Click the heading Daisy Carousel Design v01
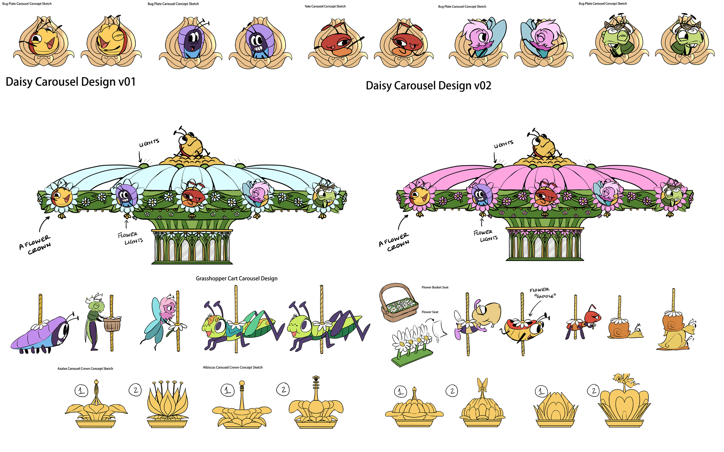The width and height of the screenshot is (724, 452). point(71,82)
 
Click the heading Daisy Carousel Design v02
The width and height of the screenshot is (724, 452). point(428,86)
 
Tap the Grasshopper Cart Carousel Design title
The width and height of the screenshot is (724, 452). point(236,278)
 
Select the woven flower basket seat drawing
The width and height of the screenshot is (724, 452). point(398,302)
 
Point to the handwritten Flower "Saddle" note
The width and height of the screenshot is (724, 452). point(542,293)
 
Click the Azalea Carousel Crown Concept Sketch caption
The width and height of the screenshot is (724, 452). point(85,369)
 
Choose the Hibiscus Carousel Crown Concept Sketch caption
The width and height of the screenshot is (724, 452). point(233,367)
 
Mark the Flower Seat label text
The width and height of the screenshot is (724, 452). point(430,312)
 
